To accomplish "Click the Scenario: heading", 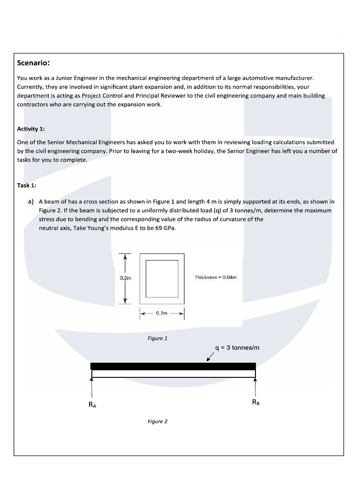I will coord(34,63).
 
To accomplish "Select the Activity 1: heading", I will coord(31,129).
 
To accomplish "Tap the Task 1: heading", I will coord(26,185).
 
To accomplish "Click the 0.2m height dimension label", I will coord(126,278).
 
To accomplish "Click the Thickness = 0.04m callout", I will coord(216,277).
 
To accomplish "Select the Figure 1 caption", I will coord(157,338).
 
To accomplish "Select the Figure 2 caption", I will coord(157,421).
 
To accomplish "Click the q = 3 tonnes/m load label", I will coord(237,348).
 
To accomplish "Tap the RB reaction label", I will coord(255,402).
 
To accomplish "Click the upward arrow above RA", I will coord(92,387).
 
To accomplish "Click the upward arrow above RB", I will coord(255,387).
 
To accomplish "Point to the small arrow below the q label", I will coord(210,358).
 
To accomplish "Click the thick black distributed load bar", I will coord(173,366).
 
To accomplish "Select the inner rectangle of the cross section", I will coord(162,278).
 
